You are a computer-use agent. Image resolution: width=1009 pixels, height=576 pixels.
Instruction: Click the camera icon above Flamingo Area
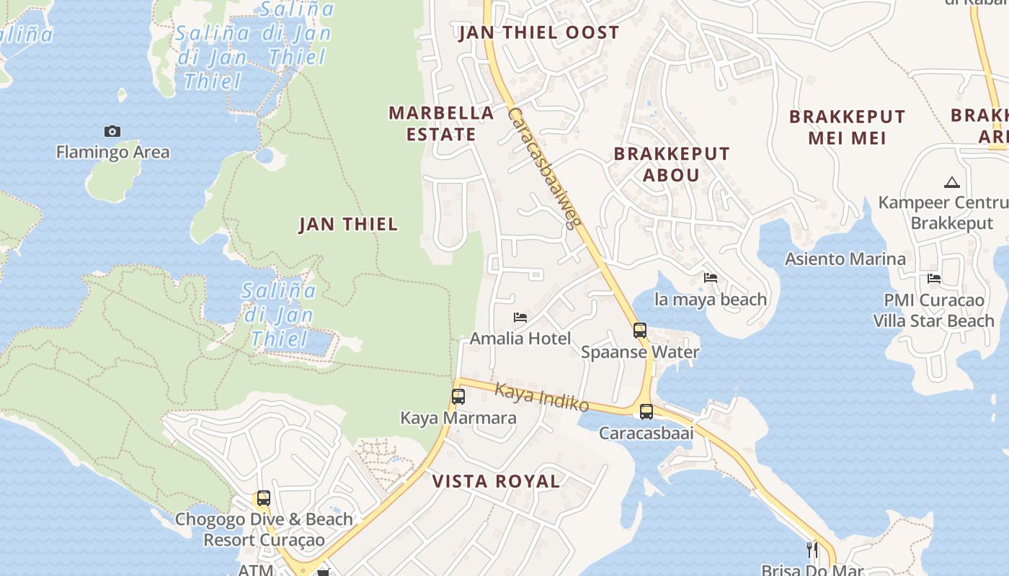(x=112, y=131)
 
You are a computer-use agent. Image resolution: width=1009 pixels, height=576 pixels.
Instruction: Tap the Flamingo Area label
(x=113, y=152)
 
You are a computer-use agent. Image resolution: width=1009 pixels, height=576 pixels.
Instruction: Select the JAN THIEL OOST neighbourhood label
(x=539, y=32)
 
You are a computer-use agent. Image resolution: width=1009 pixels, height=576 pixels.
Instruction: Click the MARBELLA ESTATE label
(x=441, y=123)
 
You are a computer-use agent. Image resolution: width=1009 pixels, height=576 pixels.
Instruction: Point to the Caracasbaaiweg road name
(x=544, y=167)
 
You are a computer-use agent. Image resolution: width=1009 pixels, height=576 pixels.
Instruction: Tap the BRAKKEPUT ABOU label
(x=671, y=164)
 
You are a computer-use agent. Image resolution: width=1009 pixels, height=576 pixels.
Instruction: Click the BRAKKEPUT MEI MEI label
(x=847, y=127)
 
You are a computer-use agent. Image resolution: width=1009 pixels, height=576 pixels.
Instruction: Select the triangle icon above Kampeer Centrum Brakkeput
(x=951, y=183)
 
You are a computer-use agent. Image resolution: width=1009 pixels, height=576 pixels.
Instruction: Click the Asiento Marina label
(x=845, y=258)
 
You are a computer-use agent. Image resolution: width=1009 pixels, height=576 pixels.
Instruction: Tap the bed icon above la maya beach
(x=711, y=278)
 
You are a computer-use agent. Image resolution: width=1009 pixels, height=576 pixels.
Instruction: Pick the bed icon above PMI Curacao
(x=934, y=279)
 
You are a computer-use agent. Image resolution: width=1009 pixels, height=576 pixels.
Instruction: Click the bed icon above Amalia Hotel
(x=520, y=318)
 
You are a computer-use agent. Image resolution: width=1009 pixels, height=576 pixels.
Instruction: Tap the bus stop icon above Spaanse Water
(x=640, y=330)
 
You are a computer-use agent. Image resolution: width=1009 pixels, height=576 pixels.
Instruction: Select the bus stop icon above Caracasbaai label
(x=646, y=412)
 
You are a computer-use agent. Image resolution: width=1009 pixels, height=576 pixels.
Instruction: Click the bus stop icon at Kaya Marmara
(x=458, y=397)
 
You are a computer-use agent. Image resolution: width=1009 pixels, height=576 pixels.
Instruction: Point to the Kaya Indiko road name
(x=541, y=397)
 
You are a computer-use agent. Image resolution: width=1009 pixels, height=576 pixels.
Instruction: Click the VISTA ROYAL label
(x=496, y=481)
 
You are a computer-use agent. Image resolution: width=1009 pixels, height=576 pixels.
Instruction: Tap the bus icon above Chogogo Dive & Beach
(x=264, y=498)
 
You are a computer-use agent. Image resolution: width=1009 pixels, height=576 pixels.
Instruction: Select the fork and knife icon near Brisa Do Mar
(x=812, y=550)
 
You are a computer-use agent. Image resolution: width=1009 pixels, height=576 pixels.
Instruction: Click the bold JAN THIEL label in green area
(x=348, y=224)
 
